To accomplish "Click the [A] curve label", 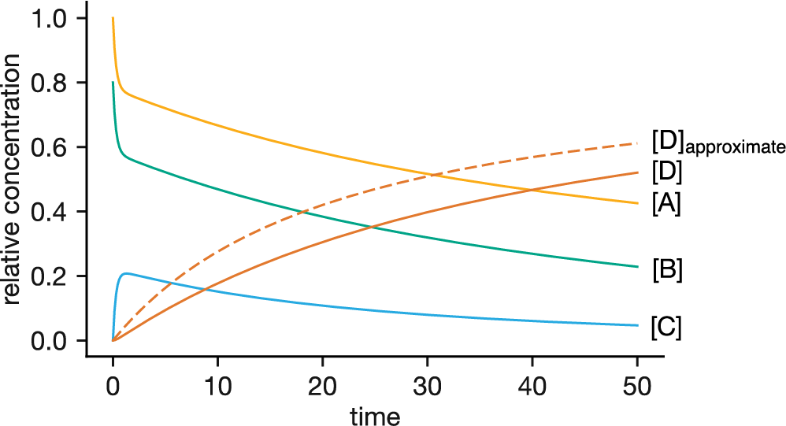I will (666, 204).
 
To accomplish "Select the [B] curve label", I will (666, 270).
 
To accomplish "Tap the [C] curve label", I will (666, 326).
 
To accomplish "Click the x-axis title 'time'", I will (375, 414).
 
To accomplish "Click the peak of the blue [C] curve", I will (126, 273).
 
